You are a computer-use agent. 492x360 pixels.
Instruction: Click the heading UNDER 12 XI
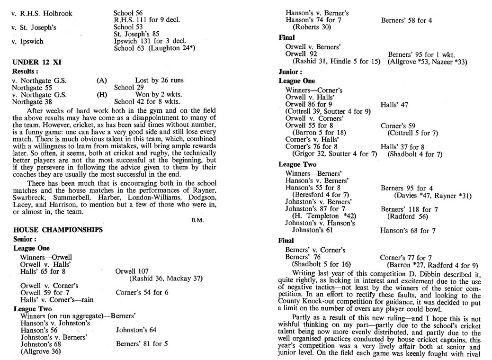click(36, 62)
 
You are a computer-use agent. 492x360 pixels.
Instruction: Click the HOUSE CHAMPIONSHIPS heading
click(57, 230)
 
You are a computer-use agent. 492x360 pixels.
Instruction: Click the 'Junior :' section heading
click(290, 72)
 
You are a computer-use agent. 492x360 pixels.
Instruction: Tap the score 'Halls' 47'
click(394, 104)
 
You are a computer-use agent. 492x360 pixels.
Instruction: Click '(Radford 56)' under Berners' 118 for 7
click(408, 216)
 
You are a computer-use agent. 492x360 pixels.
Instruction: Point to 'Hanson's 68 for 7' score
click(408, 231)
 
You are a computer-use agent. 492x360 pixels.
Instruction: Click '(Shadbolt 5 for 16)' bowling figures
click(321, 264)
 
